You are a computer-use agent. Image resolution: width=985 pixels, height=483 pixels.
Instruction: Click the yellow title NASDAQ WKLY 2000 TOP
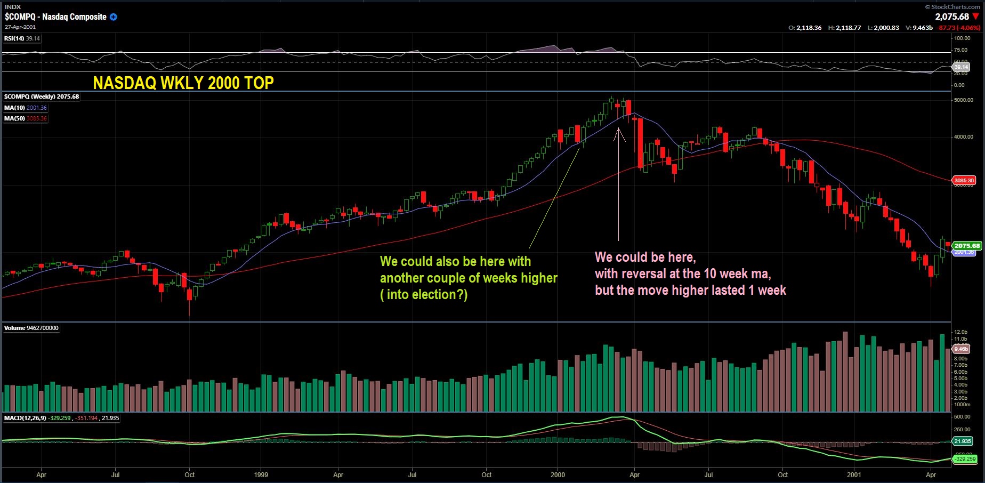(x=183, y=83)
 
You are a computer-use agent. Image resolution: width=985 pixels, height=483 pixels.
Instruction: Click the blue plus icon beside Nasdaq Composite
(x=114, y=17)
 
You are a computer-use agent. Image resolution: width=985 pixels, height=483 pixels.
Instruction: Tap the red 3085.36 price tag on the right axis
(x=964, y=180)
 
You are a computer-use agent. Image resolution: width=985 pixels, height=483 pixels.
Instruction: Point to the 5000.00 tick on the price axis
(x=963, y=100)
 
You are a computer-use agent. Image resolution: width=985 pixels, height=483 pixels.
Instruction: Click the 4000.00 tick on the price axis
(x=963, y=137)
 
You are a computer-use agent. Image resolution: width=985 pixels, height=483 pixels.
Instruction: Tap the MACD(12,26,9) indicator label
(x=25, y=418)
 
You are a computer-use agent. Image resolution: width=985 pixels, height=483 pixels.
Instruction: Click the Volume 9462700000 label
(x=31, y=328)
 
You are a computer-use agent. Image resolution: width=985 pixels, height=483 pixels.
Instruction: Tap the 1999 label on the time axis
(x=261, y=474)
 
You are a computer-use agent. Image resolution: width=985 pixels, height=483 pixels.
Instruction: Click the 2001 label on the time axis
(x=854, y=474)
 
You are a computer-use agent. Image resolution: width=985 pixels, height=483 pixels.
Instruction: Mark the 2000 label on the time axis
(x=558, y=474)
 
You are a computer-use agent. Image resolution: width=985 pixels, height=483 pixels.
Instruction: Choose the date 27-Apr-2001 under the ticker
(x=20, y=27)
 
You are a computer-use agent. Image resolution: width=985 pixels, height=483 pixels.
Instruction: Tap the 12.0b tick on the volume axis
(x=960, y=332)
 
